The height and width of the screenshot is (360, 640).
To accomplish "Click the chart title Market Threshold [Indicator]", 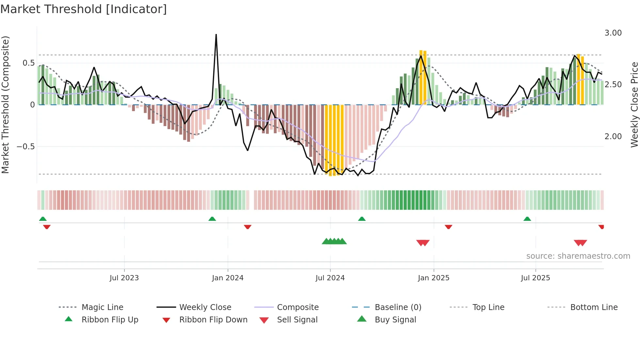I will [x=84, y=9].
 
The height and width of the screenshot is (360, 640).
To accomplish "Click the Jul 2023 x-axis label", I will [x=124, y=278].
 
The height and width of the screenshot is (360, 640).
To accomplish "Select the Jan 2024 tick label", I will [x=228, y=278].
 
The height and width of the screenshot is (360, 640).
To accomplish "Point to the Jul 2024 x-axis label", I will [x=330, y=278].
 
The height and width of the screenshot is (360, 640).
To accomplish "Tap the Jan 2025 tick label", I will [x=434, y=278].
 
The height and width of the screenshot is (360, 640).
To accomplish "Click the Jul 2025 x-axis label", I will [x=536, y=278].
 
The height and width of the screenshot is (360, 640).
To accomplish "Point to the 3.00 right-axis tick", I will [x=613, y=33].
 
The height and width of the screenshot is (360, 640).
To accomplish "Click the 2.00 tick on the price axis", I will [x=613, y=137].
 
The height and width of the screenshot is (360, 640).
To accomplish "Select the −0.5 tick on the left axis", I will [x=26, y=147].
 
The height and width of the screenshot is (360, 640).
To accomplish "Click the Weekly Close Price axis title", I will [x=634, y=105].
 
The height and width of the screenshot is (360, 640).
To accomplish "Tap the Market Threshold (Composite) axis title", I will [x=5, y=105].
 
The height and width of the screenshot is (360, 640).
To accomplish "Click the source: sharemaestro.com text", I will [x=578, y=256].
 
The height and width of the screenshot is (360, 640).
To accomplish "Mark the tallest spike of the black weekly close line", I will [x=216, y=35].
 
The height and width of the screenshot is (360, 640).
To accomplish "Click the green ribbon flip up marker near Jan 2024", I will [x=212, y=219].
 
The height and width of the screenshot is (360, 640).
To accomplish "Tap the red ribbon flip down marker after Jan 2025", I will [x=448, y=227].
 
